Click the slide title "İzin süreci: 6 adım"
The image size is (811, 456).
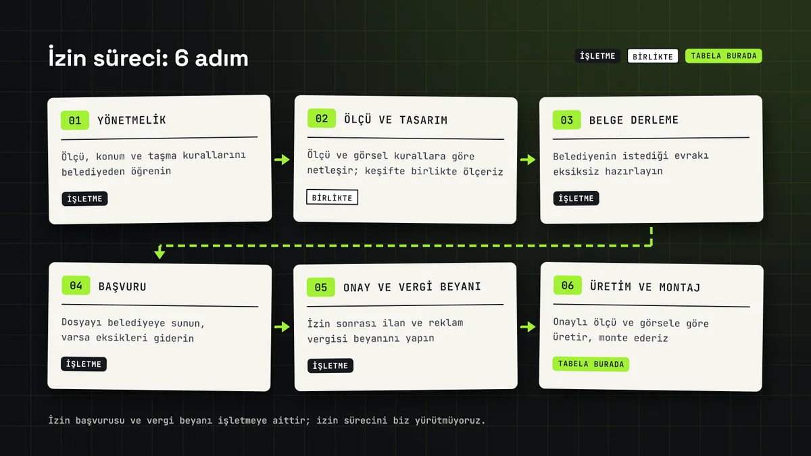149,57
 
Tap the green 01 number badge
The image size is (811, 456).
75,120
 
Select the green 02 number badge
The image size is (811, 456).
322,118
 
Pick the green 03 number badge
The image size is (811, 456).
566,120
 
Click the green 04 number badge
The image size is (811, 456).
76,285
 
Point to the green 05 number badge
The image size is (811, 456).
321,287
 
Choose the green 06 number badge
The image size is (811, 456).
567,285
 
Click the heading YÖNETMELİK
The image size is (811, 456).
132,120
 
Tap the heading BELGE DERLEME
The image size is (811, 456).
634,120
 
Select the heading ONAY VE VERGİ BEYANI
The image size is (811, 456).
412,286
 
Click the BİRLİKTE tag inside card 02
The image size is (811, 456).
332,197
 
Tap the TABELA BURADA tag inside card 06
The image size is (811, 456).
591,363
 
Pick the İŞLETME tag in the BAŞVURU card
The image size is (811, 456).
84,364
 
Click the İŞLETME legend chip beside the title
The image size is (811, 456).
597,56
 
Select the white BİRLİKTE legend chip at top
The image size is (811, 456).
653,57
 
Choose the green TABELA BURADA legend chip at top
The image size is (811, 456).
723,56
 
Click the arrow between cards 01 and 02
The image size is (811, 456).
282,159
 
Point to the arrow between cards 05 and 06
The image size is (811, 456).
528,327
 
